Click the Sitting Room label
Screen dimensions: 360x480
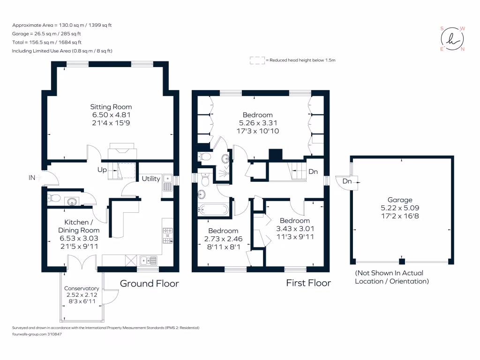[111, 107]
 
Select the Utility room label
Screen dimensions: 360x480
[151, 179]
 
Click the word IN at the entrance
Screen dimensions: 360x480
[32, 178]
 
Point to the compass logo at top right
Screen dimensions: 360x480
[452, 39]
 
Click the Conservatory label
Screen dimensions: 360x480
[82, 288]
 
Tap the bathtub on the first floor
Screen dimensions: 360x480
[213, 209]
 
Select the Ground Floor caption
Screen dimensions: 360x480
[150, 284]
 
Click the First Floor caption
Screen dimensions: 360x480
[308, 283]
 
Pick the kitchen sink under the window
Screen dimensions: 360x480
[148, 260]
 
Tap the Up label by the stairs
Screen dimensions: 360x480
[102, 170]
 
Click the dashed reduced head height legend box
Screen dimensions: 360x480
[257, 60]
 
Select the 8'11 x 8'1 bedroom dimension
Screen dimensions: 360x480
[223, 247]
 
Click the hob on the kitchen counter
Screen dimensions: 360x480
[168, 236]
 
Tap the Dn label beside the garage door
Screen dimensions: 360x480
[347, 181]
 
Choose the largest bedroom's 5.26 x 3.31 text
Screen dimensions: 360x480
[257, 123]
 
